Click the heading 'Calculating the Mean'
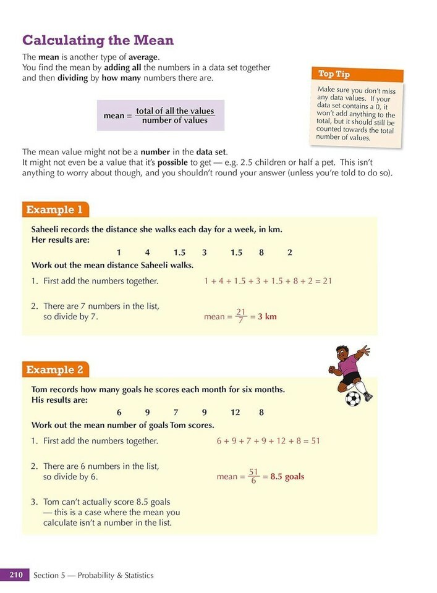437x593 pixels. click(98, 41)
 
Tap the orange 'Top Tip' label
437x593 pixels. click(334, 74)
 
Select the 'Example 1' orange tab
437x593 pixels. click(54, 209)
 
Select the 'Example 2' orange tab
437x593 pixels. click(54, 369)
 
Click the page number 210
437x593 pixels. click(15, 575)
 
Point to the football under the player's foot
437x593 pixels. click(353, 398)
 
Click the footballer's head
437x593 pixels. click(342, 354)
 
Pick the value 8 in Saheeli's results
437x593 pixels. click(261, 252)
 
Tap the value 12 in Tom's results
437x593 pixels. click(235, 412)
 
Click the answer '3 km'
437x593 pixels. click(267, 317)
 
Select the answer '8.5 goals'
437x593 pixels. click(287, 476)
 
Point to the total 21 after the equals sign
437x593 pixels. click(327, 280)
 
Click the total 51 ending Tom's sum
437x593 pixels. click(314, 440)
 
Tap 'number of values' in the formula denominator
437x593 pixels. click(175, 120)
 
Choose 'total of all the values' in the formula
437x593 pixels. click(175, 111)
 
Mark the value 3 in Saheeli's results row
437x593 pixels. click(204, 252)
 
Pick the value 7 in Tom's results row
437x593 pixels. click(176, 412)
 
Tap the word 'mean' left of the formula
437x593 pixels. click(114, 116)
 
